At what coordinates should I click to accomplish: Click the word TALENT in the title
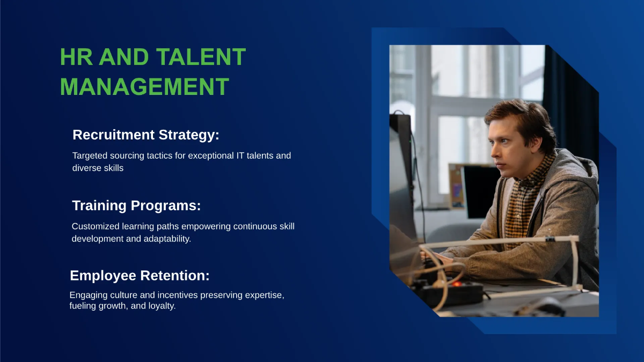tap(201, 57)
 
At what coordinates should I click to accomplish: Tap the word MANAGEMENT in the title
tap(144, 87)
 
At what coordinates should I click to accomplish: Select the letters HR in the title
tap(76, 57)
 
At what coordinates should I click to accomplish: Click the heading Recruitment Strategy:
tap(146, 135)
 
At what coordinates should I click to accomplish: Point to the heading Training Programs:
tap(136, 206)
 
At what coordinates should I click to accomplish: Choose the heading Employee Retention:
tap(140, 276)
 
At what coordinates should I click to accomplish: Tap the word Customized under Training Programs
tap(96, 226)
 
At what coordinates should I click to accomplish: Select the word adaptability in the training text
tap(167, 239)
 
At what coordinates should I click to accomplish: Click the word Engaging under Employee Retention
tap(89, 295)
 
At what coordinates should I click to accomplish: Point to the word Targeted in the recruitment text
tap(90, 156)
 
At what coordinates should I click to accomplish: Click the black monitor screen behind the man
tap(481, 191)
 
